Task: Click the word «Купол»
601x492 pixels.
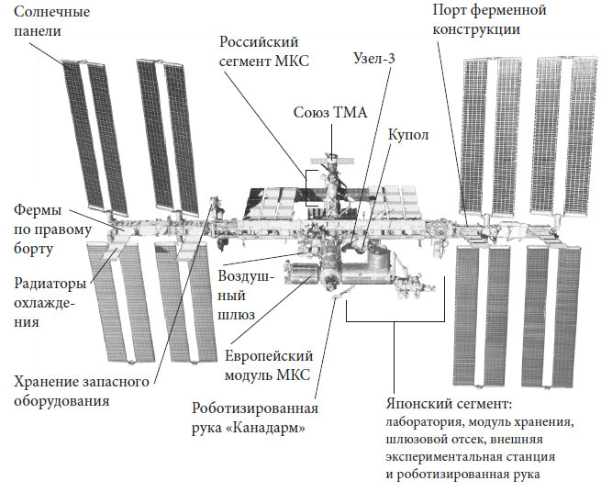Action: click(x=408, y=134)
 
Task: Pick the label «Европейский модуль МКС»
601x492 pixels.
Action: click(x=269, y=364)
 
